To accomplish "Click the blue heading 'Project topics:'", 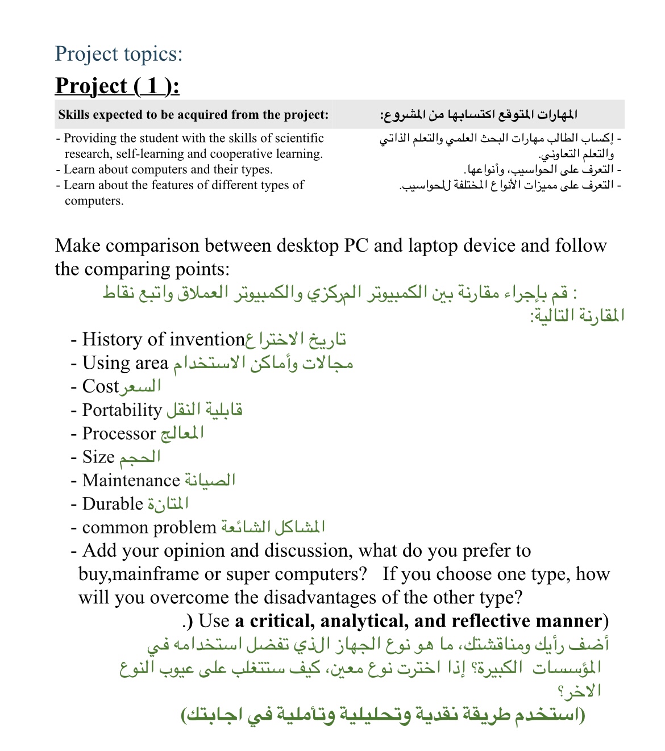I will [x=119, y=54].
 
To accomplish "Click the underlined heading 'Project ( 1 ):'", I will [x=117, y=86].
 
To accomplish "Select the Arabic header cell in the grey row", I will [x=479, y=115].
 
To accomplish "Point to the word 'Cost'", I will [x=100, y=387].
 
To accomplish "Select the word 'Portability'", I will [x=122, y=410].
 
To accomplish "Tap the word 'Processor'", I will [x=119, y=433].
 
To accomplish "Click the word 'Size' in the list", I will [x=98, y=457].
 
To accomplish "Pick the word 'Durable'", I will [x=113, y=504].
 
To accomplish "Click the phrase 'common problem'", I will [x=149, y=528].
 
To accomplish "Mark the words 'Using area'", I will [x=125, y=363].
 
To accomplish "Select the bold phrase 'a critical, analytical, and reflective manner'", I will [x=418, y=621].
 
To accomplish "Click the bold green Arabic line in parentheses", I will [x=383, y=715].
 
